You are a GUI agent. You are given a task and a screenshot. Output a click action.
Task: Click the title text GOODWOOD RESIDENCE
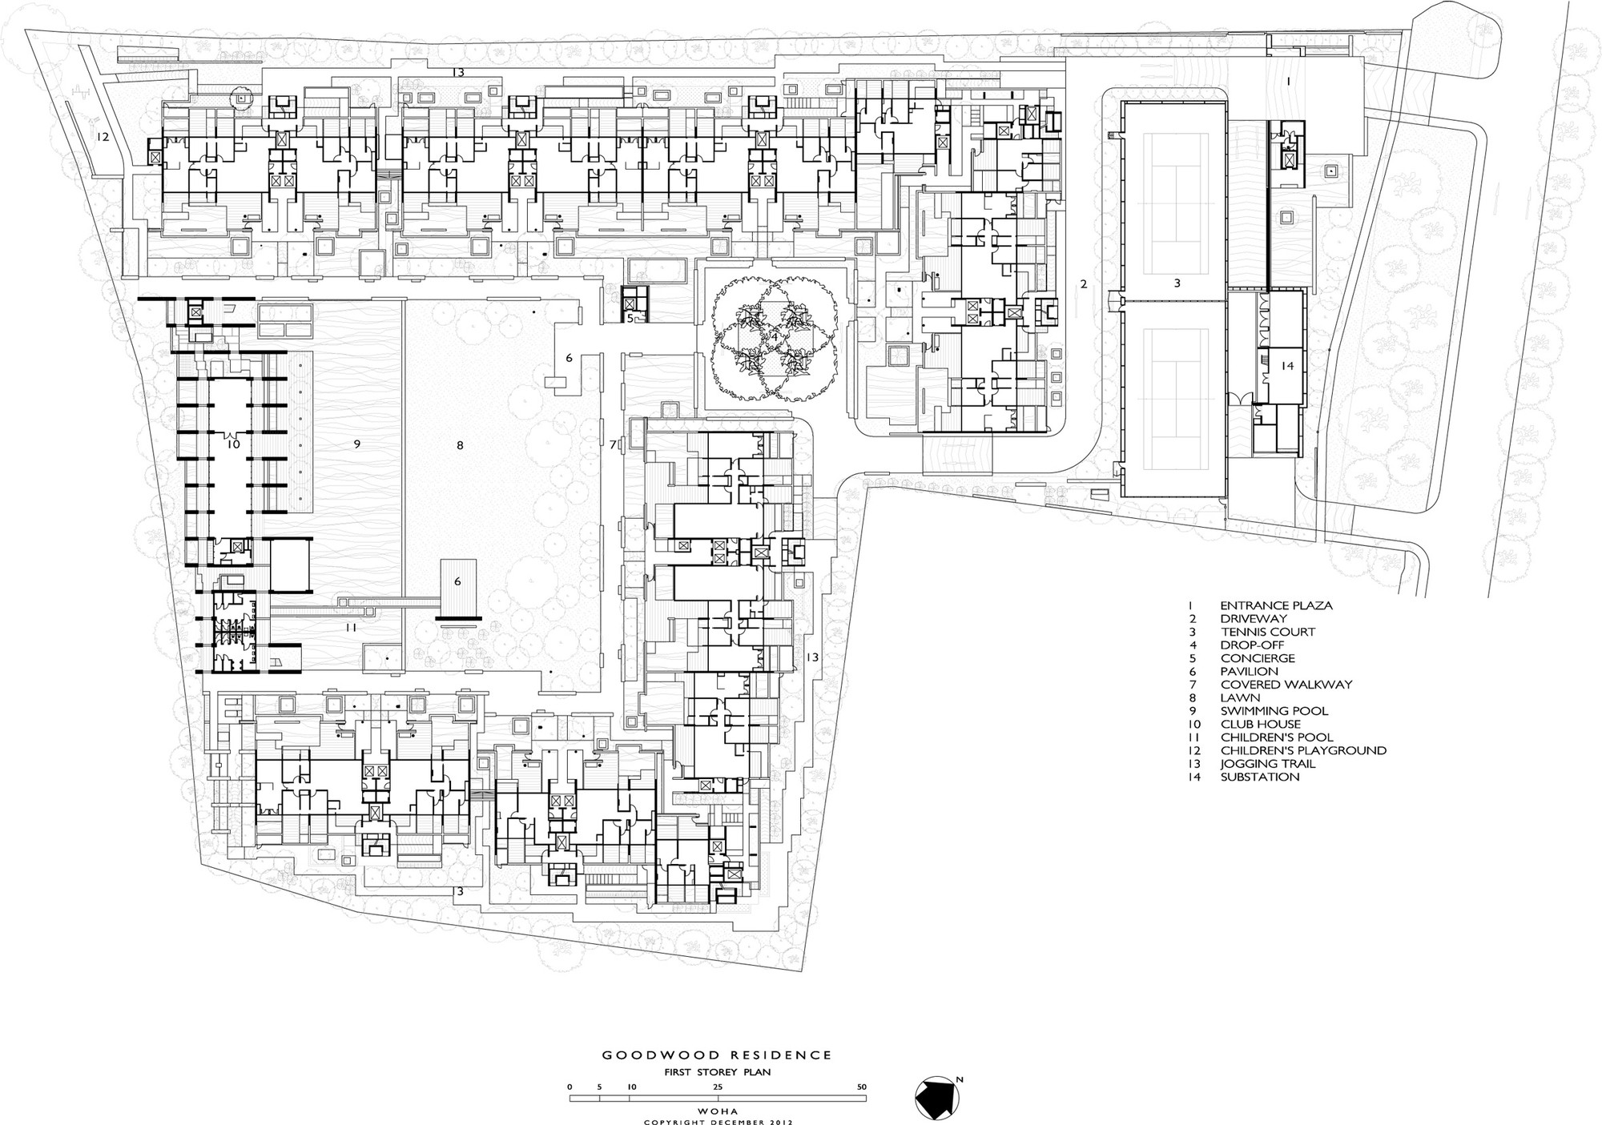tap(717, 1055)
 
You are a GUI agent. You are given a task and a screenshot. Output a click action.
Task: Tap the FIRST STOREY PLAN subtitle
tap(717, 1072)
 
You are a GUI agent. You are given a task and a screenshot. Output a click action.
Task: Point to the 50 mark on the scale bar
tap(862, 1087)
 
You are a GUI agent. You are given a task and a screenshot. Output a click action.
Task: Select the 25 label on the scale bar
tap(718, 1087)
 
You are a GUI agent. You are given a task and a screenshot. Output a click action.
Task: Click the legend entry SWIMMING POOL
tap(1274, 711)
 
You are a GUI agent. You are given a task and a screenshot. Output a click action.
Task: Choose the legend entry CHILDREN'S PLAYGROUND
tap(1302, 750)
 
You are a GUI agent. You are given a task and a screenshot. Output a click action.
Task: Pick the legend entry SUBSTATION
tap(1259, 777)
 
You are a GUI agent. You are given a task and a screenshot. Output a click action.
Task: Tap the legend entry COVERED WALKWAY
tap(1286, 685)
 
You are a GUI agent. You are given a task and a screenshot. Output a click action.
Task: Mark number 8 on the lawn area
tap(460, 445)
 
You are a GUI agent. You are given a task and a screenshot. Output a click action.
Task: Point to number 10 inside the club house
tap(233, 444)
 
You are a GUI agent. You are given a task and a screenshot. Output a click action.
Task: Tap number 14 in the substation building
tap(1286, 366)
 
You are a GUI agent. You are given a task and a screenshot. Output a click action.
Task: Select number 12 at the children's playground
tap(102, 137)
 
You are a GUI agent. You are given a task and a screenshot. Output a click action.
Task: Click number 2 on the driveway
tap(1084, 283)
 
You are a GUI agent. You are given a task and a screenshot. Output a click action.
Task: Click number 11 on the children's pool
tap(351, 628)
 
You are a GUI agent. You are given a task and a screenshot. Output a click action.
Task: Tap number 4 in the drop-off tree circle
tap(774, 337)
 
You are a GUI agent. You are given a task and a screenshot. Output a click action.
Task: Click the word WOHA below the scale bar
tap(717, 1111)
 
